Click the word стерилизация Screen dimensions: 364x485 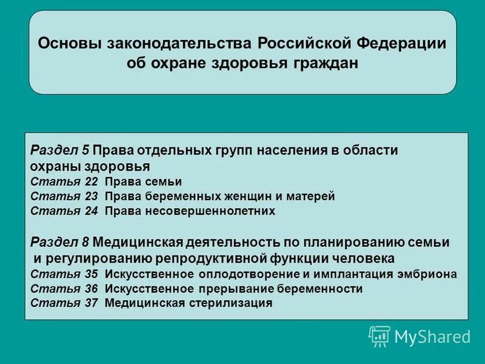(x=229, y=303)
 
